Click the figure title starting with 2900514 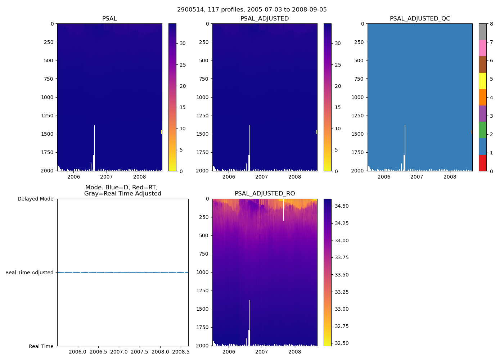tap(252, 10)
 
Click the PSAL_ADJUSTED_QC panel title tap(420, 18)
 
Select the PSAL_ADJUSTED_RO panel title tap(265, 194)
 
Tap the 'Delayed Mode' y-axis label tap(35, 199)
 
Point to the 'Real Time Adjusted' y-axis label tap(30, 273)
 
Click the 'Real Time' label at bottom tap(41, 346)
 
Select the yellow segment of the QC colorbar tap(482, 81)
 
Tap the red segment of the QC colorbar tap(482, 163)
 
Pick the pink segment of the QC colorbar tap(482, 48)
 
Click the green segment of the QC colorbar tap(482, 130)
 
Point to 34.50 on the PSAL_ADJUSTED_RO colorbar tap(342, 206)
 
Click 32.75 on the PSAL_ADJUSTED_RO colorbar tap(342, 326)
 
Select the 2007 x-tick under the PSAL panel tap(107, 177)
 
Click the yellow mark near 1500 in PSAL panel tap(161, 132)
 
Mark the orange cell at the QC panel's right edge tap(472, 132)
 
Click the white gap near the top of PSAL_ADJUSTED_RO tap(283, 211)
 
